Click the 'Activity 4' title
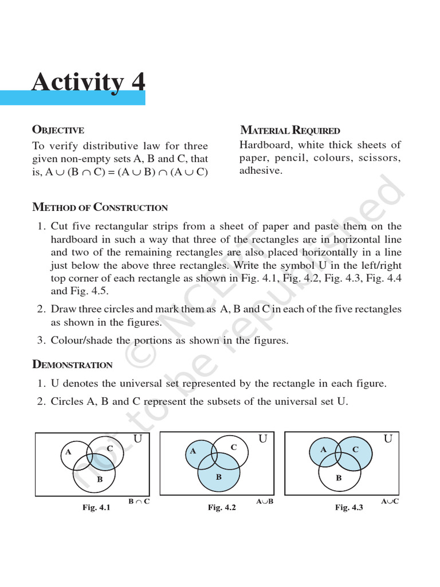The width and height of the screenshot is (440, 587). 88,81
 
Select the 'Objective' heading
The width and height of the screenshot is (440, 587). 58,130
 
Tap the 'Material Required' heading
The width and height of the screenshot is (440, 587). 290,130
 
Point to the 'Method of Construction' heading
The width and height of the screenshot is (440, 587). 100,208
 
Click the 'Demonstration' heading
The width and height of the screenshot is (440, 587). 72,365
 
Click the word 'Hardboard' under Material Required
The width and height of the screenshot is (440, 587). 265,145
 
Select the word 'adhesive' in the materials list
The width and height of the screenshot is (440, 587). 261,171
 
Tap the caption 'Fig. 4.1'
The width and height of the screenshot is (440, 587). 96,507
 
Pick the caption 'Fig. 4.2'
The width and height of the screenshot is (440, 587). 221,507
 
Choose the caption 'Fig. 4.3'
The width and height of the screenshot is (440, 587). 349,507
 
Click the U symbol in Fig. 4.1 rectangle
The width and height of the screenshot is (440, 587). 137,439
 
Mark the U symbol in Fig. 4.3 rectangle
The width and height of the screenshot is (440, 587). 388,439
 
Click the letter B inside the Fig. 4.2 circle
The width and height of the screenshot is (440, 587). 218,476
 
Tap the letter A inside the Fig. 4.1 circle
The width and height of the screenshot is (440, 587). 68,452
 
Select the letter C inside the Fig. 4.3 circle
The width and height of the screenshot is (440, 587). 355,449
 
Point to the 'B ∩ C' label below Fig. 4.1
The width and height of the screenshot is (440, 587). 139,502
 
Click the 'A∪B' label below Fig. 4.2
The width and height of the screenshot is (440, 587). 265,502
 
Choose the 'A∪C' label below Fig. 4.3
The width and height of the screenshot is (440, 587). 390,502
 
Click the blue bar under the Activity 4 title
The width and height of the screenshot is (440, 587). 73,98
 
